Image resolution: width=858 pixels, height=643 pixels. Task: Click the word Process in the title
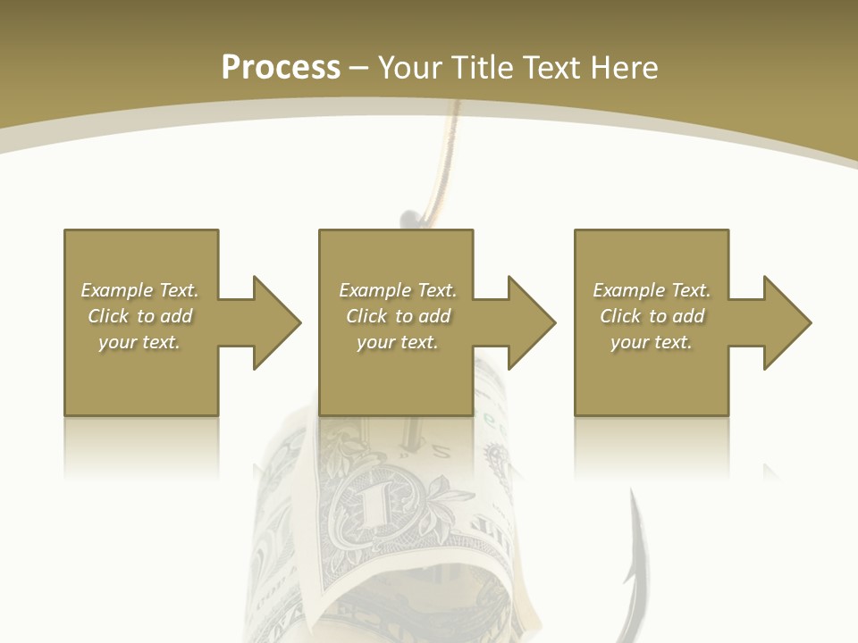(x=281, y=68)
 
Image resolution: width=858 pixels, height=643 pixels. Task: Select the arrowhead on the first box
(x=276, y=322)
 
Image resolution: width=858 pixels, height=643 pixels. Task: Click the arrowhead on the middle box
(x=531, y=322)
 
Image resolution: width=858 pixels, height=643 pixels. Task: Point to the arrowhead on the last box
(x=786, y=322)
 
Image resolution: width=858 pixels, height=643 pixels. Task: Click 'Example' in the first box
(x=116, y=290)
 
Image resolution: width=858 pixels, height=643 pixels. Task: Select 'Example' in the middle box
(x=374, y=290)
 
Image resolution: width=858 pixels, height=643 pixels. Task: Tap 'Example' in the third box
(x=628, y=290)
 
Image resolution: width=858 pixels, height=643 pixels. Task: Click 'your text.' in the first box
(x=139, y=342)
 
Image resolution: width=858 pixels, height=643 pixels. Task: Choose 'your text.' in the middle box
(x=398, y=342)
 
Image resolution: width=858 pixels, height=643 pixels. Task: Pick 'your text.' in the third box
(x=652, y=342)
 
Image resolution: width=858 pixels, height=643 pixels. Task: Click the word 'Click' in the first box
(x=108, y=316)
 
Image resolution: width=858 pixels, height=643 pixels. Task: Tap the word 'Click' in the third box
(x=620, y=316)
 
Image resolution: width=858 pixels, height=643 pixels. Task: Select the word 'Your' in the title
(x=409, y=68)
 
